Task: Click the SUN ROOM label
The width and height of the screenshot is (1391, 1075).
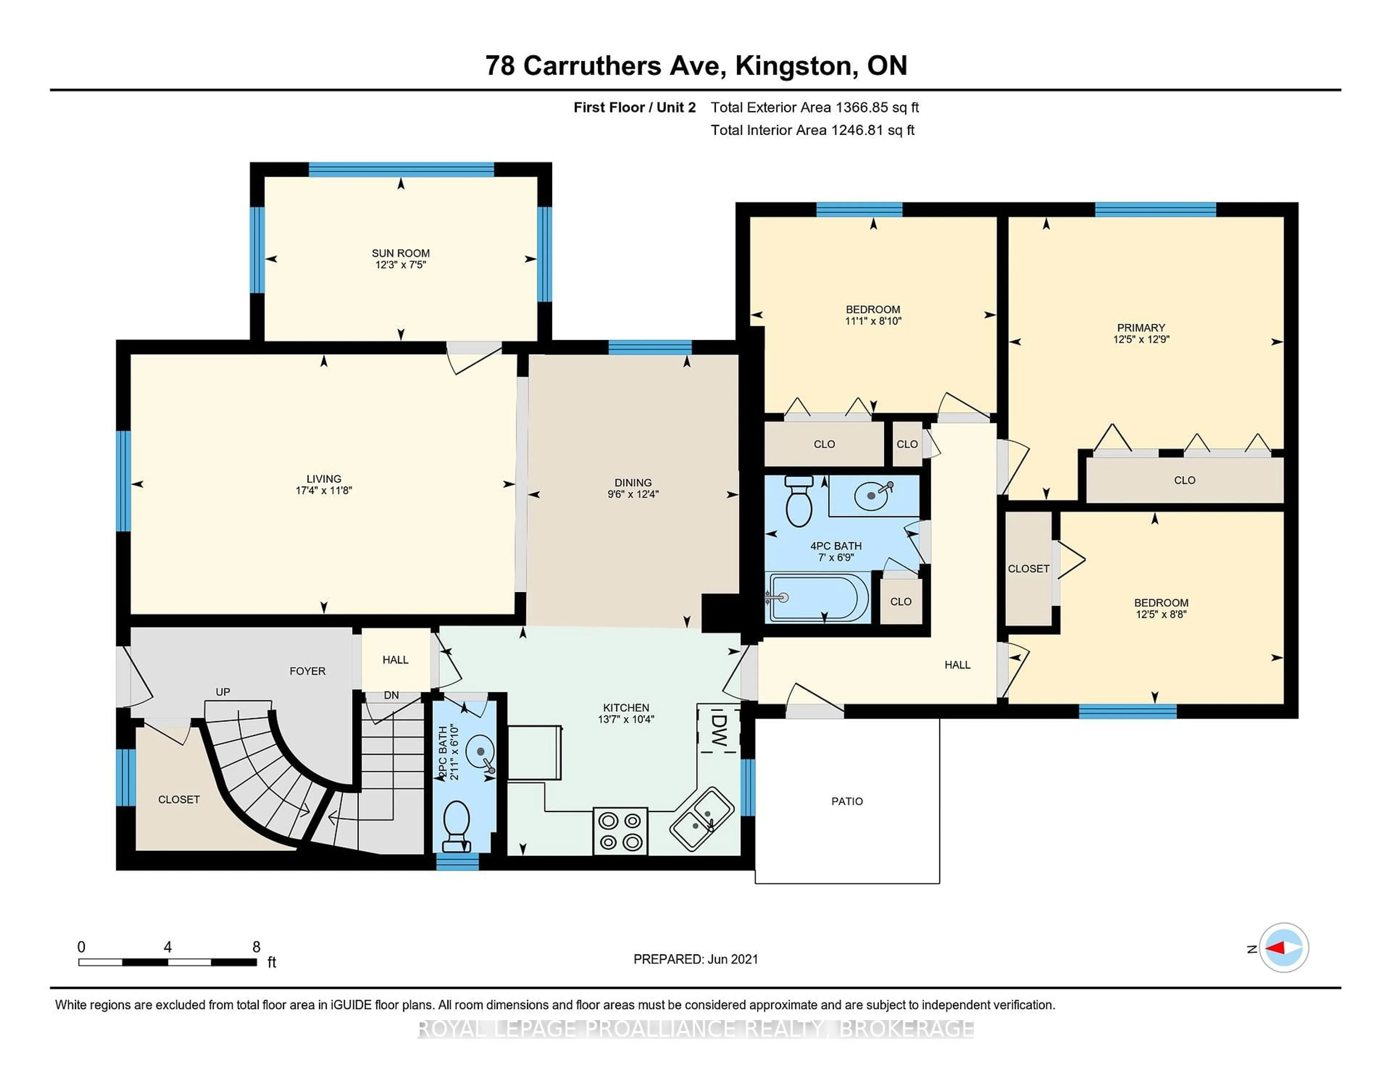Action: point(401,253)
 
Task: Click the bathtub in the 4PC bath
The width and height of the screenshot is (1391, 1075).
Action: point(818,597)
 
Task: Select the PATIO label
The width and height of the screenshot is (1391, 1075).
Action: point(847,801)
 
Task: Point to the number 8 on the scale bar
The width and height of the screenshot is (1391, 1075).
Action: point(256,947)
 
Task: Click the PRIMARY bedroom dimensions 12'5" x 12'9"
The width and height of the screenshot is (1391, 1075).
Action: point(1141,339)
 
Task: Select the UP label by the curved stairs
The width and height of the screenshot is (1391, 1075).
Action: point(223,692)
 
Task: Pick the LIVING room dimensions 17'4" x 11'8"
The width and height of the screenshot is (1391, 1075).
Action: point(324,490)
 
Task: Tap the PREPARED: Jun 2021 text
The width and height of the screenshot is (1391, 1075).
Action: point(696,959)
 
